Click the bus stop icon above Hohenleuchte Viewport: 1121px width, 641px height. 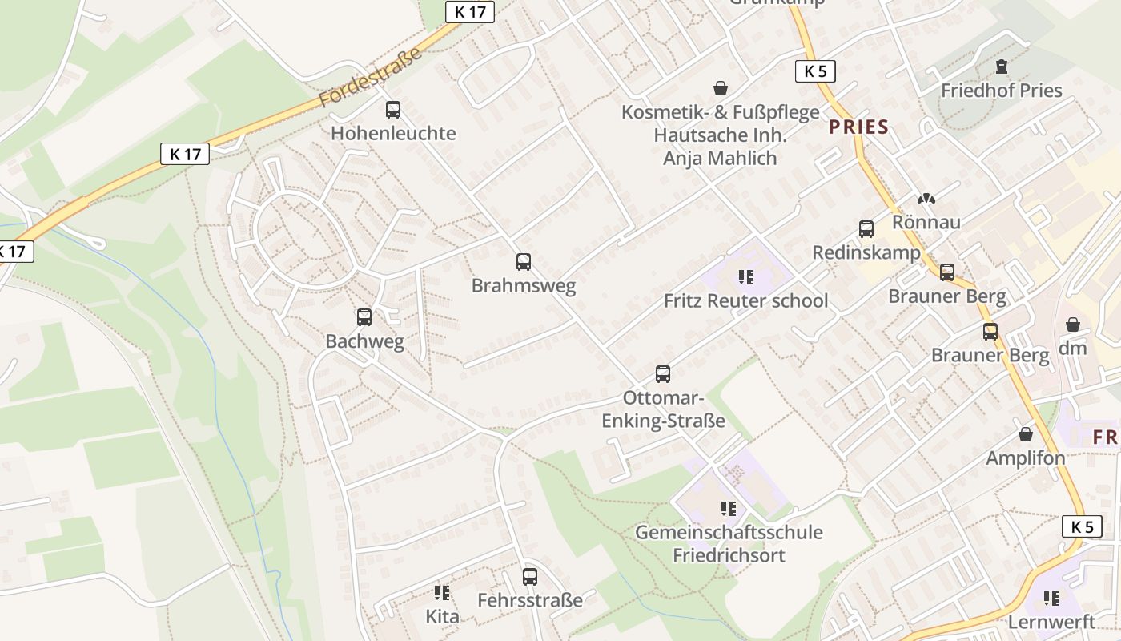392,110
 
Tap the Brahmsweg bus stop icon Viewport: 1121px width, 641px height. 524,261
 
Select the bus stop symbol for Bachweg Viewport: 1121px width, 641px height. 364,317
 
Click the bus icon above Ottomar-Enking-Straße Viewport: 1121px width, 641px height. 663,373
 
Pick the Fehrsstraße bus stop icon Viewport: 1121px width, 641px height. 530,576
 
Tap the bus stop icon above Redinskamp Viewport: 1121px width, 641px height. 866,229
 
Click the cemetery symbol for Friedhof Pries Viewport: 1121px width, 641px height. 1001,67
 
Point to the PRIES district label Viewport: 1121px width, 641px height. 858,127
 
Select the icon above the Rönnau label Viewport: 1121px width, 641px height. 926,198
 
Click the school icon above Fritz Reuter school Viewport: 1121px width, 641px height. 746,277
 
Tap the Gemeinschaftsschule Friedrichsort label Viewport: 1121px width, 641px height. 729,543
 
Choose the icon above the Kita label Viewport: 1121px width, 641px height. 442,592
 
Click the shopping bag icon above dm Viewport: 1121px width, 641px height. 1073,325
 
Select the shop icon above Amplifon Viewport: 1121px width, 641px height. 1026,434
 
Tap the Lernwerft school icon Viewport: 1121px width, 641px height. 1051,598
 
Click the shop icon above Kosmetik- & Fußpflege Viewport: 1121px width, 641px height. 721,87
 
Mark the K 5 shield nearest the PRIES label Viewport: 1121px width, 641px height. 815,71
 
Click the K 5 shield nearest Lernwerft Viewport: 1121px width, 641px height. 1082,526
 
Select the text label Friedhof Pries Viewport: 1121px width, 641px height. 1001,91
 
